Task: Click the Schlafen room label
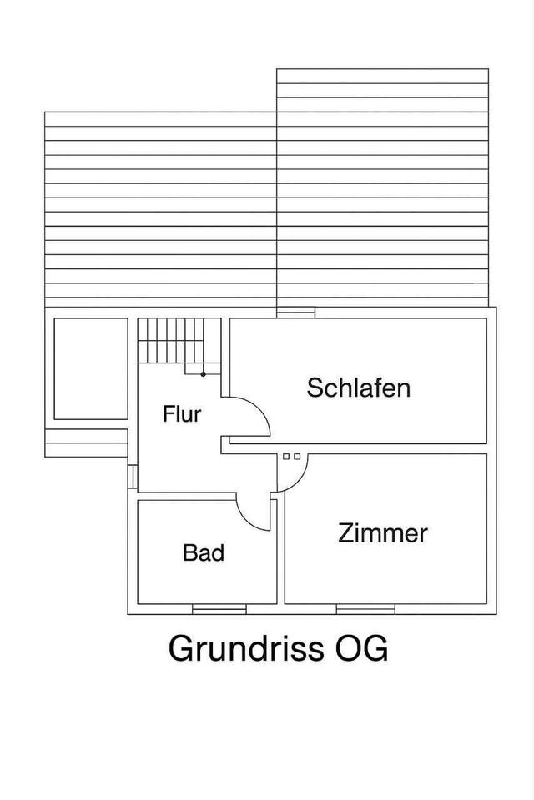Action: [x=359, y=387]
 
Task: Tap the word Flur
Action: [x=182, y=413]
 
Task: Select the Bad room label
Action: [x=204, y=552]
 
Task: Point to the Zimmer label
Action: [x=383, y=533]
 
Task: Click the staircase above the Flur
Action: [x=171, y=341]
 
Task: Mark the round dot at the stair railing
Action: [x=203, y=374]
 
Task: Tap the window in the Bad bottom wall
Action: [x=219, y=610]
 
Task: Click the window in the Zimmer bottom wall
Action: [x=365, y=610]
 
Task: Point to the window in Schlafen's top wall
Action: [x=295, y=312]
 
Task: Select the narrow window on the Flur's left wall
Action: [x=132, y=476]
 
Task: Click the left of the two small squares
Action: [x=286, y=457]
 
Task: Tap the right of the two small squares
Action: [x=296, y=457]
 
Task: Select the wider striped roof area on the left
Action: [x=160, y=208]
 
